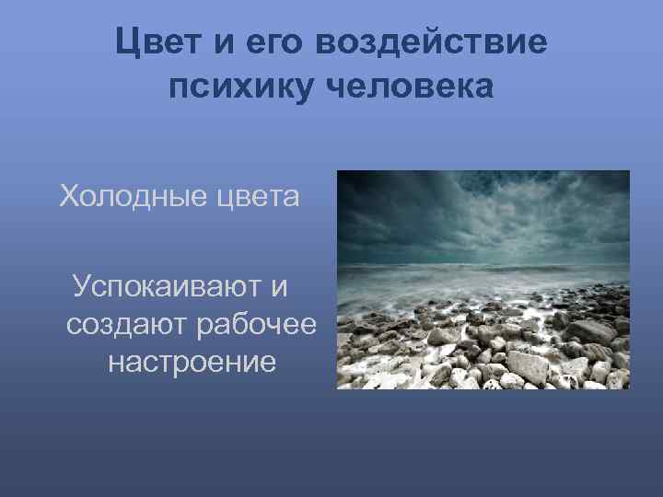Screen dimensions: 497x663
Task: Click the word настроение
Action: (192, 362)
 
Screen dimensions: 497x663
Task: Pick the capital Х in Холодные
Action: (68, 195)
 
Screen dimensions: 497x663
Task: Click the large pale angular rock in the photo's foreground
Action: (528, 365)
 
